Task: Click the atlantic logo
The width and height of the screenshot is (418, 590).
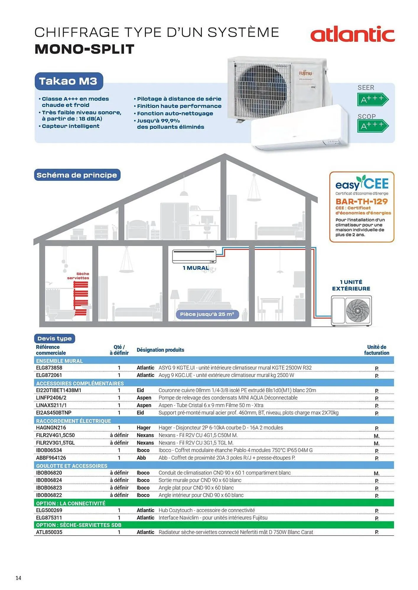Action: tap(352, 34)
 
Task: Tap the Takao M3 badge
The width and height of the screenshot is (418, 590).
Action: tap(68, 81)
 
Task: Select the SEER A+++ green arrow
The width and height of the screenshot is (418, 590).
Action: tap(372, 99)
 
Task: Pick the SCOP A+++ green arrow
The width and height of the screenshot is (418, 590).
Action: tap(372, 126)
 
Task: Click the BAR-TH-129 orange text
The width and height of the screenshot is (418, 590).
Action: tap(362, 201)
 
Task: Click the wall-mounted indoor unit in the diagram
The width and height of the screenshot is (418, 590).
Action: tap(194, 257)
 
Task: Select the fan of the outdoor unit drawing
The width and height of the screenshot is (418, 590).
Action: tap(358, 311)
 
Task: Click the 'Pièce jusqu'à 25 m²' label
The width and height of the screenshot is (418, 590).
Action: tap(207, 314)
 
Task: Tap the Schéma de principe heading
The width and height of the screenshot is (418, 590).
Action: tap(77, 175)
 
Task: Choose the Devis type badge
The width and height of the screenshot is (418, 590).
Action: tap(54, 338)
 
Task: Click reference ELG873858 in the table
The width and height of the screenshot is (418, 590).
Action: tap(49, 368)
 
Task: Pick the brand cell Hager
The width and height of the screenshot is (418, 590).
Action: tap(144, 428)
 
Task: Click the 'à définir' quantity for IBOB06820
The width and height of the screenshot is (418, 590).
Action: tap(119, 473)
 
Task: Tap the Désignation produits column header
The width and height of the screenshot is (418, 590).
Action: tap(160, 350)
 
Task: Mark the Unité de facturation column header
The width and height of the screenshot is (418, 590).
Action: tap(377, 350)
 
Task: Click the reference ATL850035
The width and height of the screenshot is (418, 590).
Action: tap(49, 532)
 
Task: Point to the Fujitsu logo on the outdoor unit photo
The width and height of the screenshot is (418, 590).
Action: tap(305, 73)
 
